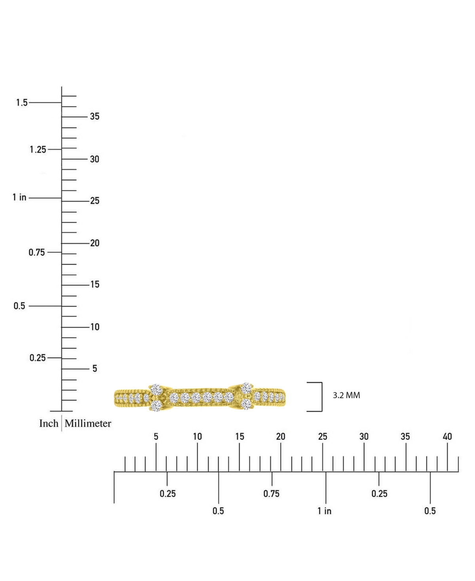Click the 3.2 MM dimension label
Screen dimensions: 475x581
pyautogui.click(x=346, y=395)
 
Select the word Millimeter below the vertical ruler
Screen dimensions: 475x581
pyautogui.click(x=88, y=423)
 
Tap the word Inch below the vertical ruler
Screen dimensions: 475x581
pyautogui.click(x=49, y=423)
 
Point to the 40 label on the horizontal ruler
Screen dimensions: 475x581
pyautogui.click(x=447, y=437)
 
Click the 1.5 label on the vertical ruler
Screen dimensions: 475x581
pyautogui.click(x=22, y=103)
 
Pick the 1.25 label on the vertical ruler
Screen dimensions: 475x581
pyautogui.click(x=38, y=150)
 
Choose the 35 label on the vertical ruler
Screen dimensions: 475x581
pyautogui.click(x=95, y=116)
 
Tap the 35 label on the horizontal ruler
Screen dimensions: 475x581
pyautogui.click(x=405, y=437)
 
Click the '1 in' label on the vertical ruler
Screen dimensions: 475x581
pyautogui.click(x=19, y=197)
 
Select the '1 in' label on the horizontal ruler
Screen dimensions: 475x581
pyautogui.click(x=324, y=511)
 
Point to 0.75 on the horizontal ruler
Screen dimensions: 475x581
pyautogui.click(x=271, y=493)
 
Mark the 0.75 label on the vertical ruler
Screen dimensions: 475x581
pyautogui.click(x=37, y=252)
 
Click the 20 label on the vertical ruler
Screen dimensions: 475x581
pyautogui.click(x=95, y=243)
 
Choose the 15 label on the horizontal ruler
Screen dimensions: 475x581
pyautogui.click(x=239, y=437)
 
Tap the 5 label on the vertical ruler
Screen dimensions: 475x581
pyautogui.click(x=95, y=369)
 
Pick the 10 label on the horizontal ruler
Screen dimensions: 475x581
pyautogui.click(x=198, y=437)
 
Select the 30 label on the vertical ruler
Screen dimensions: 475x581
pyautogui.click(x=95, y=159)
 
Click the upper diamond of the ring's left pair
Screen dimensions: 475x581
pyautogui.click(x=156, y=389)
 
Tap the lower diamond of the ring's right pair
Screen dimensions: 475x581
pyautogui.click(x=246, y=404)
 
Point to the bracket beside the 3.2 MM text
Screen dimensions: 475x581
pyautogui.click(x=322, y=397)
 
